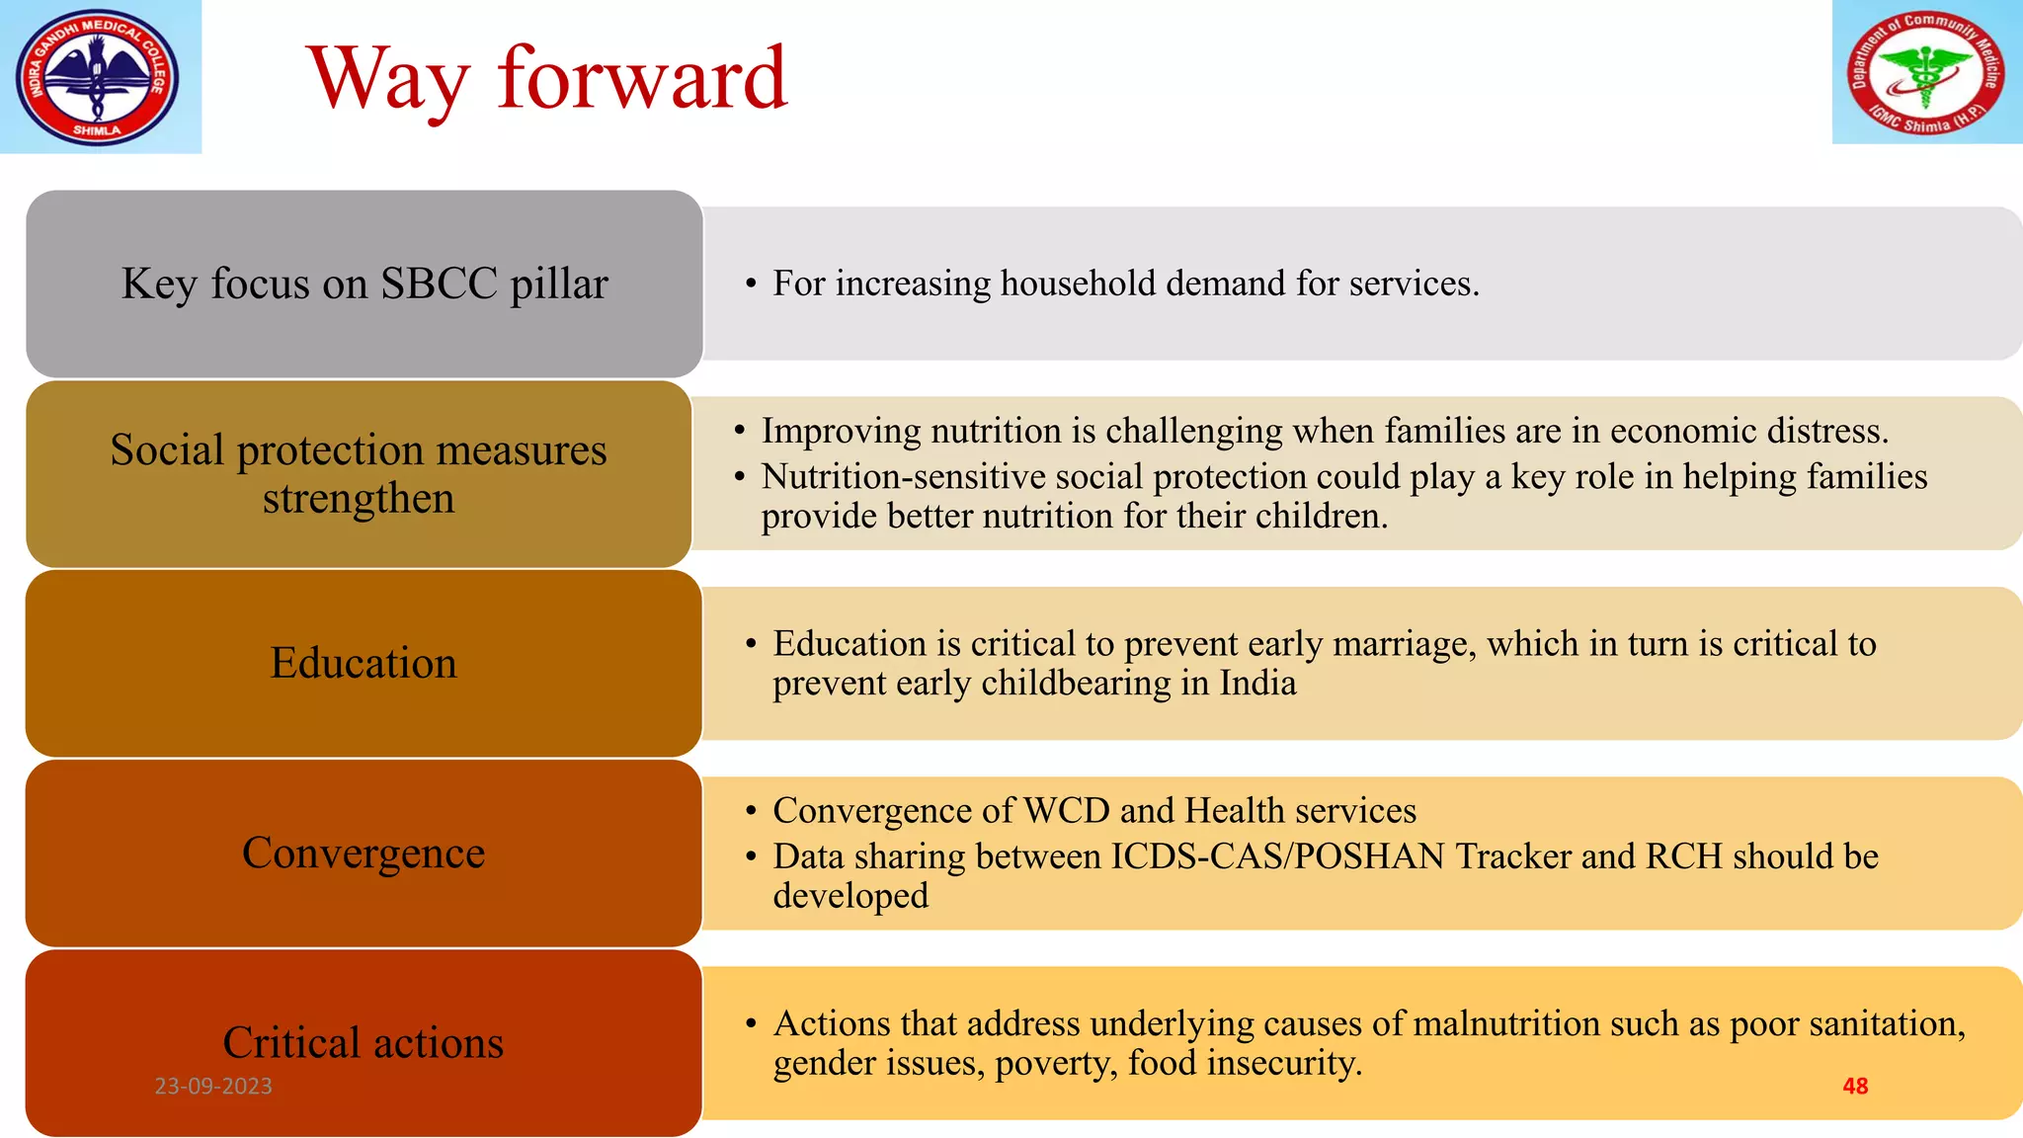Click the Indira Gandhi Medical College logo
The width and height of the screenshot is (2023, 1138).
tap(98, 76)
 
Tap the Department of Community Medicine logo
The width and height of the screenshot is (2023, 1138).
tap(1925, 73)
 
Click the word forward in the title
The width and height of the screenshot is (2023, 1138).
tap(642, 79)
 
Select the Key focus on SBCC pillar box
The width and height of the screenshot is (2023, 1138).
tap(364, 284)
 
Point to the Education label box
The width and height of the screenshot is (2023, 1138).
tap(364, 663)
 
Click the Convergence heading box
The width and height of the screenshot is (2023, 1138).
tap(364, 853)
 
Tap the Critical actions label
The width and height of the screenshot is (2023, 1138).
tap(364, 1042)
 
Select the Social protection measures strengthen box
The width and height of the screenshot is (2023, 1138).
tap(359, 474)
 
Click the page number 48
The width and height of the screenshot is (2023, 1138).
tap(1855, 1086)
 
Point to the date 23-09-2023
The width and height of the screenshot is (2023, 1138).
tap(213, 1086)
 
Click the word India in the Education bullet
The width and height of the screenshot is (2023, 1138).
tap(1256, 684)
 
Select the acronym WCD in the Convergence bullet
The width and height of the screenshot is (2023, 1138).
tap(1067, 811)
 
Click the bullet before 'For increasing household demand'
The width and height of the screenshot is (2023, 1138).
tap(752, 284)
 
